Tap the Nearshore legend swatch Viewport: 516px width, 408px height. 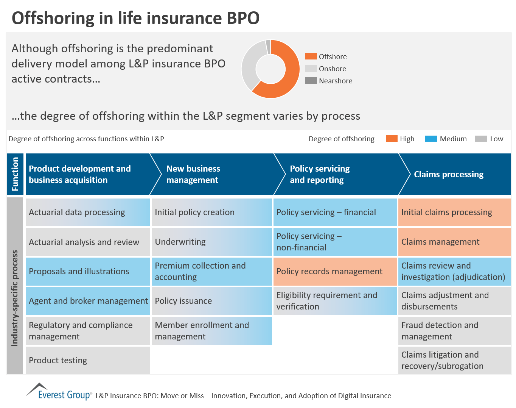click(311, 81)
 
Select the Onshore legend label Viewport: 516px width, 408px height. click(332, 69)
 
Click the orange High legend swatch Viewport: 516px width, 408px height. click(392, 139)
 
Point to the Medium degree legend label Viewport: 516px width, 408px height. click(453, 139)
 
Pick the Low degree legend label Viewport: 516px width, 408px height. click(496, 139)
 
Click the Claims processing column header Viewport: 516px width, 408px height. click(449, 174)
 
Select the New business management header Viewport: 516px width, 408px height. click(193, 174)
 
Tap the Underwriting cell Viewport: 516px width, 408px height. click(212, 242)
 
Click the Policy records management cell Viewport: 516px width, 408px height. click(335, 271)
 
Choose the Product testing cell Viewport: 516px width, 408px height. click(88, 360)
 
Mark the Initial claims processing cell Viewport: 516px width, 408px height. click(454, 212)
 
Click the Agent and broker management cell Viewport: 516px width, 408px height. click(88, 301)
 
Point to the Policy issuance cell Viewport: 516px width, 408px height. click(212, 301)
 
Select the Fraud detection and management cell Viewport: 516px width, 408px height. click(454, 331)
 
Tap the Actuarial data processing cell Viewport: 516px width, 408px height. click(88, 212)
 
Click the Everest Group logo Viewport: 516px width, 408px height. click(59, 392)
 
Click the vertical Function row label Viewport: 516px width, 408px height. click(15, 174)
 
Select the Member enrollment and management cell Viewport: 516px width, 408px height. click(212, 331)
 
